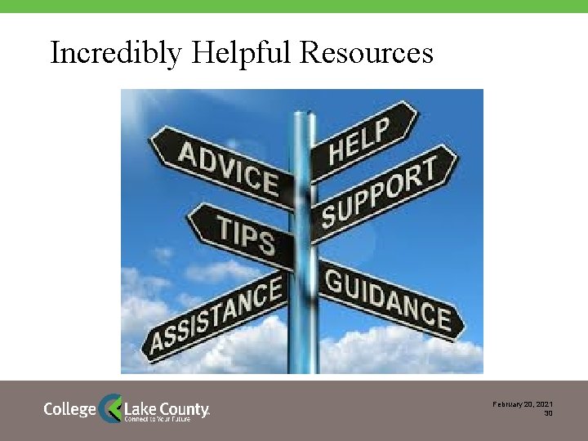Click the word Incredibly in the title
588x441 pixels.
(116, 53)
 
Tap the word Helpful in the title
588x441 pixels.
(241, 53)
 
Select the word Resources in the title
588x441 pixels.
(367, 53)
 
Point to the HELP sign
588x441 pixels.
(359, 137)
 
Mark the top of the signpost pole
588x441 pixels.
(303, 113)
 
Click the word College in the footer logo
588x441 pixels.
(69, 408)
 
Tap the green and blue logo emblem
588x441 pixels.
(110, 408)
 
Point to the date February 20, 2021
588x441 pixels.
(523, 404)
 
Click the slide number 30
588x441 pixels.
(549, 413)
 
